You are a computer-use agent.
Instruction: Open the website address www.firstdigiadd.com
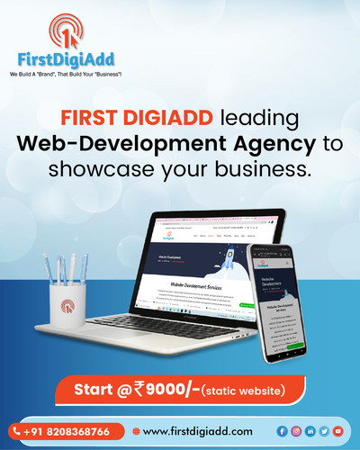coord(197,431)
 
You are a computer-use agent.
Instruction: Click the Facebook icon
coord(283,431)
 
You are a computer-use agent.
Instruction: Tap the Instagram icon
coord(296,431)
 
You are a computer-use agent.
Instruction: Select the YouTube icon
coord(337,431)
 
